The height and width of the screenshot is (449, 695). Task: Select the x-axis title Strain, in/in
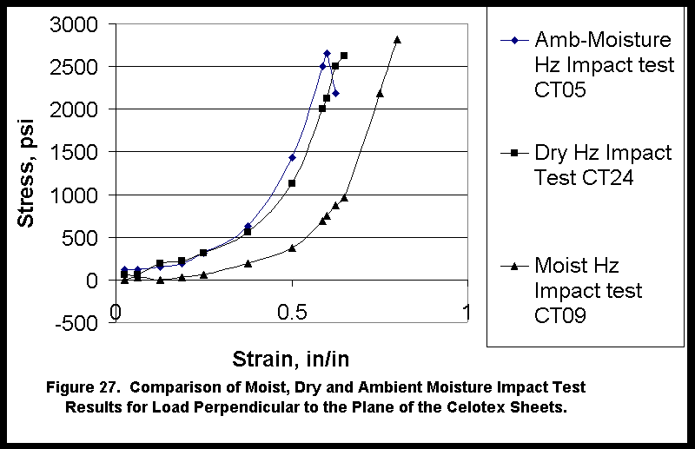(x=291, y=358)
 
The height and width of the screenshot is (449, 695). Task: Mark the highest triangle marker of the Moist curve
(x=397, y=39)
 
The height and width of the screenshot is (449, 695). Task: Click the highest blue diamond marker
(x=327, y=53)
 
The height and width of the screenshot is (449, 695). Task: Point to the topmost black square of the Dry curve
(x=344, y=56)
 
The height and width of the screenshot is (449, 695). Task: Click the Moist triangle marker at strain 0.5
(x=292, y=248)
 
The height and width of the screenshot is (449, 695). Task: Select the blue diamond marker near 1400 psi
(x=292, y=157)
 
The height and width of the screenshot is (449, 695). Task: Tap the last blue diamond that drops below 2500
(x=335, y=93)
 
